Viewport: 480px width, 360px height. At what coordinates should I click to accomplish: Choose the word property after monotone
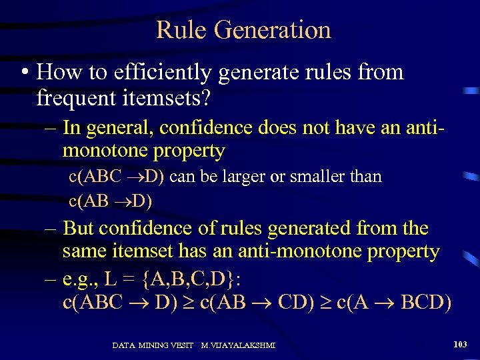click(x=192, y=151)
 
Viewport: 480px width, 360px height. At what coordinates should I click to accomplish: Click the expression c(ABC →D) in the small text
click(x=119, y=177)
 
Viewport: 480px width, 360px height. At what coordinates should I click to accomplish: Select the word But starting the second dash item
click(x=79, y=228)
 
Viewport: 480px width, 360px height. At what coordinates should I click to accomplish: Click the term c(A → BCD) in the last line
click(x=394, y=301)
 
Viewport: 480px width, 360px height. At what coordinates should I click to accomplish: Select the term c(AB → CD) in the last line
click(x=259, y=301)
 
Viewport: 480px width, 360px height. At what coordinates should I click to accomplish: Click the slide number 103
click(x=459, y=345)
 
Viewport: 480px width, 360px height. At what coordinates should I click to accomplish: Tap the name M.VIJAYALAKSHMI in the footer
click(x=238, y=345)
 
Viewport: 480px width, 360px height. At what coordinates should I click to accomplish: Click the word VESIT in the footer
click(x=179, y=345)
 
